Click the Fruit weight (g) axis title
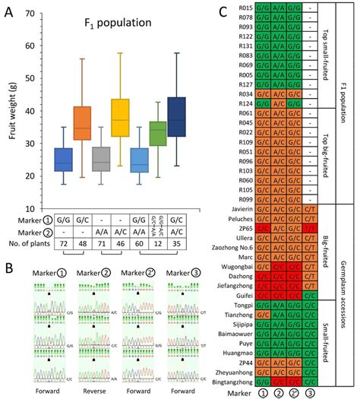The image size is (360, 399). (14, 106)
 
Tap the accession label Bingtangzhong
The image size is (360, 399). (235, 383)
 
